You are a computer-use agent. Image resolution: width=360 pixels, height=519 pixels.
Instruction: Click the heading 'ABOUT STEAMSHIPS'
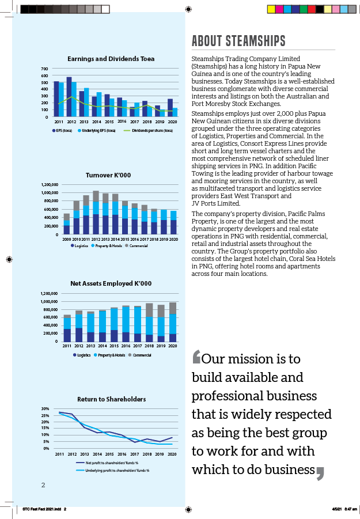[x=238, y=41]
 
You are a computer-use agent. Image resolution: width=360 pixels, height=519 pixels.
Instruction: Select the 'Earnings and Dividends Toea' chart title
[x=111, y=59]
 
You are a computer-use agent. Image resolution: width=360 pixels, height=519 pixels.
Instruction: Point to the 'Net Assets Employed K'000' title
[x=111, y=283]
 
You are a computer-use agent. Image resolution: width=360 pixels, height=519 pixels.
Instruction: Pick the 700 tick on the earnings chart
[x=44, y=69]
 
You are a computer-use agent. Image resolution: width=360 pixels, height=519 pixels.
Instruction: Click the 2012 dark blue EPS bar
[x=69, y=97]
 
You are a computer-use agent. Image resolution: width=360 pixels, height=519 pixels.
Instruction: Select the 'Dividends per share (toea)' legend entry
[x=152, y=131]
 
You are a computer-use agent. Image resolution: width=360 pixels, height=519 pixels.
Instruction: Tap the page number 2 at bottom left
[x=43, y=485]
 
